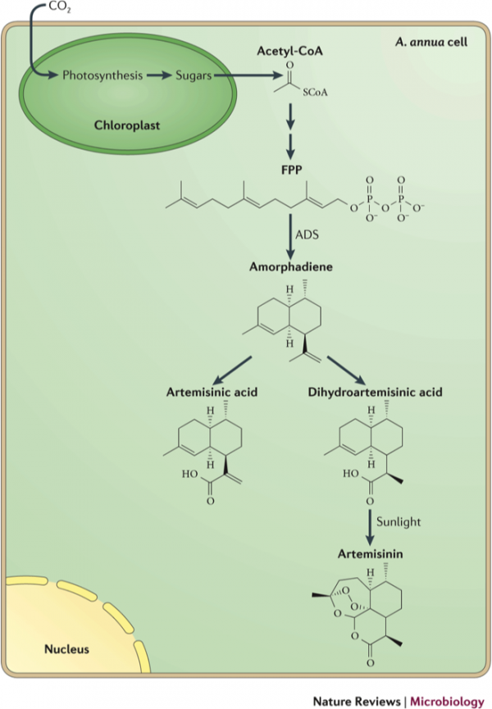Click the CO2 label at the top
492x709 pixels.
point(60,7)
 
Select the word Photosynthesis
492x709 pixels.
point(102,75)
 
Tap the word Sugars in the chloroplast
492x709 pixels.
point(194,75)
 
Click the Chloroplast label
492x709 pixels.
point(127,125)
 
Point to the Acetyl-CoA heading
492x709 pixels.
point(289,51)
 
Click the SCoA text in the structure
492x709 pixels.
point(315,93)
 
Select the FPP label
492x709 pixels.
point(291,170)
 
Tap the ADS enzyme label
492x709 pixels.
point(307,234)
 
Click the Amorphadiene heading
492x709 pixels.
point(291,266)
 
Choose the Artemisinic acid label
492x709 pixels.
point(212,392)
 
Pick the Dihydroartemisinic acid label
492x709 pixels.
point(375,392)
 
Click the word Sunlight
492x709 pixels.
point(399,522)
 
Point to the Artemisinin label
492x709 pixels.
point(371,554)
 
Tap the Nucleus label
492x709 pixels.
point(66,649)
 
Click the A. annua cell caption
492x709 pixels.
point(431,42)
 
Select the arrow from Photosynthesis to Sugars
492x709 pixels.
point(159,75)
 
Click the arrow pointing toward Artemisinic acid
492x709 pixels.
point(232,370)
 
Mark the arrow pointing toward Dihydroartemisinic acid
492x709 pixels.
point(346,370)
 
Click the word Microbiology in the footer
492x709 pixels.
point(447,702)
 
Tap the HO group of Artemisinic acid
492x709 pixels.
point(190,474)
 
